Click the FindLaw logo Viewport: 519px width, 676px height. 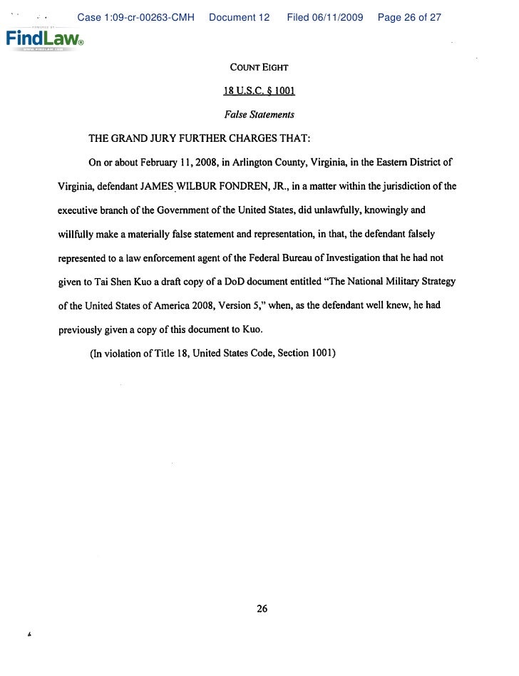[x=44, y=39]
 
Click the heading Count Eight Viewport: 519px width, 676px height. [x=259, y=68]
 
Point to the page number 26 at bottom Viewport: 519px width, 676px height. [x=262, y=608]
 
